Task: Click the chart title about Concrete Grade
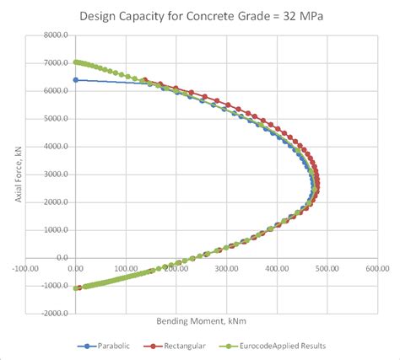click(200, 16)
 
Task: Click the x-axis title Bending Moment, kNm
click(201, 321)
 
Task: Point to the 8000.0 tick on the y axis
click(54, 35)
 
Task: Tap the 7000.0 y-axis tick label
click(54, 63)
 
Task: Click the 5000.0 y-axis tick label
click(54, 119)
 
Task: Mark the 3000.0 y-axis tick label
click(54, 175)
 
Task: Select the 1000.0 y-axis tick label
click(54, 230)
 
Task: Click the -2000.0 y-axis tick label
click(52, 313)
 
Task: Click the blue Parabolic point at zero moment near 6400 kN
click(76, 80)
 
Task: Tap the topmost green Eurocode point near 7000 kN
click(76, 62)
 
